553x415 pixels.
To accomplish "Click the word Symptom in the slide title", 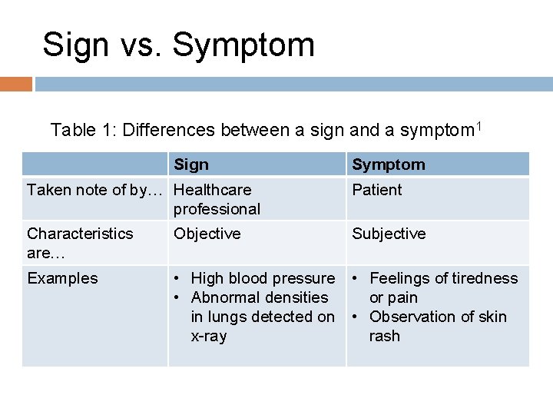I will (243, 45).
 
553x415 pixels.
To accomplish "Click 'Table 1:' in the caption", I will (81, 131).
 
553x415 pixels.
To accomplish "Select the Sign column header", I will (191, 164).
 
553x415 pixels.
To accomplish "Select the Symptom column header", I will (388, 164).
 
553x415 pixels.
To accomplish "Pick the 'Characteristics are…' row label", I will (80, 243).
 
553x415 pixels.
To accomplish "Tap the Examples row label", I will (62, 278).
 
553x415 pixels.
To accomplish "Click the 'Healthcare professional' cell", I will (217, 199).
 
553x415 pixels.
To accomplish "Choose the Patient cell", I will (376, 190).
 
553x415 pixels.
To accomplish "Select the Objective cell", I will (207, 234).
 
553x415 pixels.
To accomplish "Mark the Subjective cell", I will (389, 234).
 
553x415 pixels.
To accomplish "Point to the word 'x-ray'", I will (209, 336).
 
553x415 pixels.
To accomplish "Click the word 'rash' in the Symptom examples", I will (384, 336).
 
